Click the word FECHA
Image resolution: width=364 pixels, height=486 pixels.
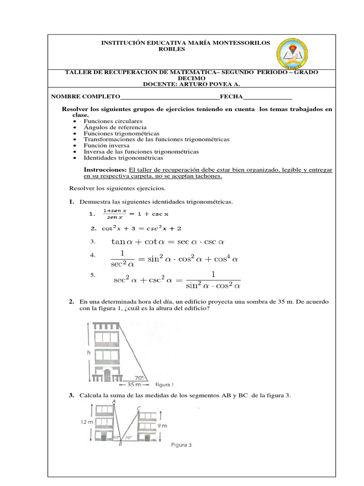(231, 97)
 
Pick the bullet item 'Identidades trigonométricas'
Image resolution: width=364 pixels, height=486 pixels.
(123, 158)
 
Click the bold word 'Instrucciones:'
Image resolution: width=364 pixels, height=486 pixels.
(105, 170)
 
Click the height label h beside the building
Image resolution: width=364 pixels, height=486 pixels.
(89, 353)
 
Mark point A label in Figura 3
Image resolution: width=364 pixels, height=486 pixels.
(114, 401)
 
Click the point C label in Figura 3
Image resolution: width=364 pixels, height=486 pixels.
(138, 408)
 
